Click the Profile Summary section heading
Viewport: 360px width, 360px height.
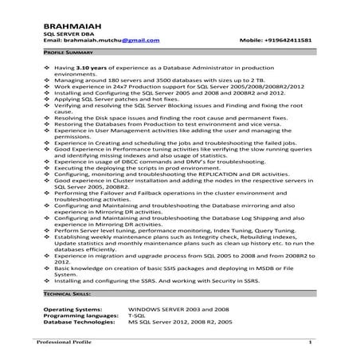pyautogui.click(x=67, y=50)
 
